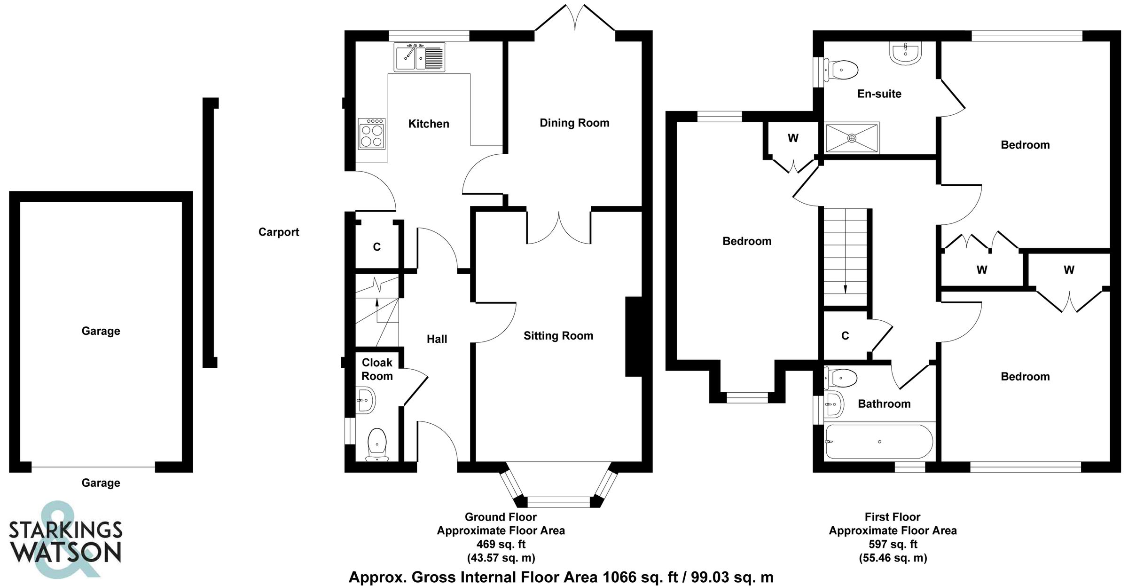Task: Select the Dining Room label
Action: point(574,123)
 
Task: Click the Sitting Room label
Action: point(558,336)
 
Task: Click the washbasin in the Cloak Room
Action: point(365,401)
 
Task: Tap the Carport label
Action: point(279,232)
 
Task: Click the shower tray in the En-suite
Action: point(852,138)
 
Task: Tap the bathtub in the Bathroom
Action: point(879,442)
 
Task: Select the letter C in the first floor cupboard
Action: point(845,336)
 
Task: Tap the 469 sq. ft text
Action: point(501,544)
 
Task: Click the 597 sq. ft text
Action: point(893,544)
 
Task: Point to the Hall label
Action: point(437,339)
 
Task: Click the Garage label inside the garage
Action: point(101,331)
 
